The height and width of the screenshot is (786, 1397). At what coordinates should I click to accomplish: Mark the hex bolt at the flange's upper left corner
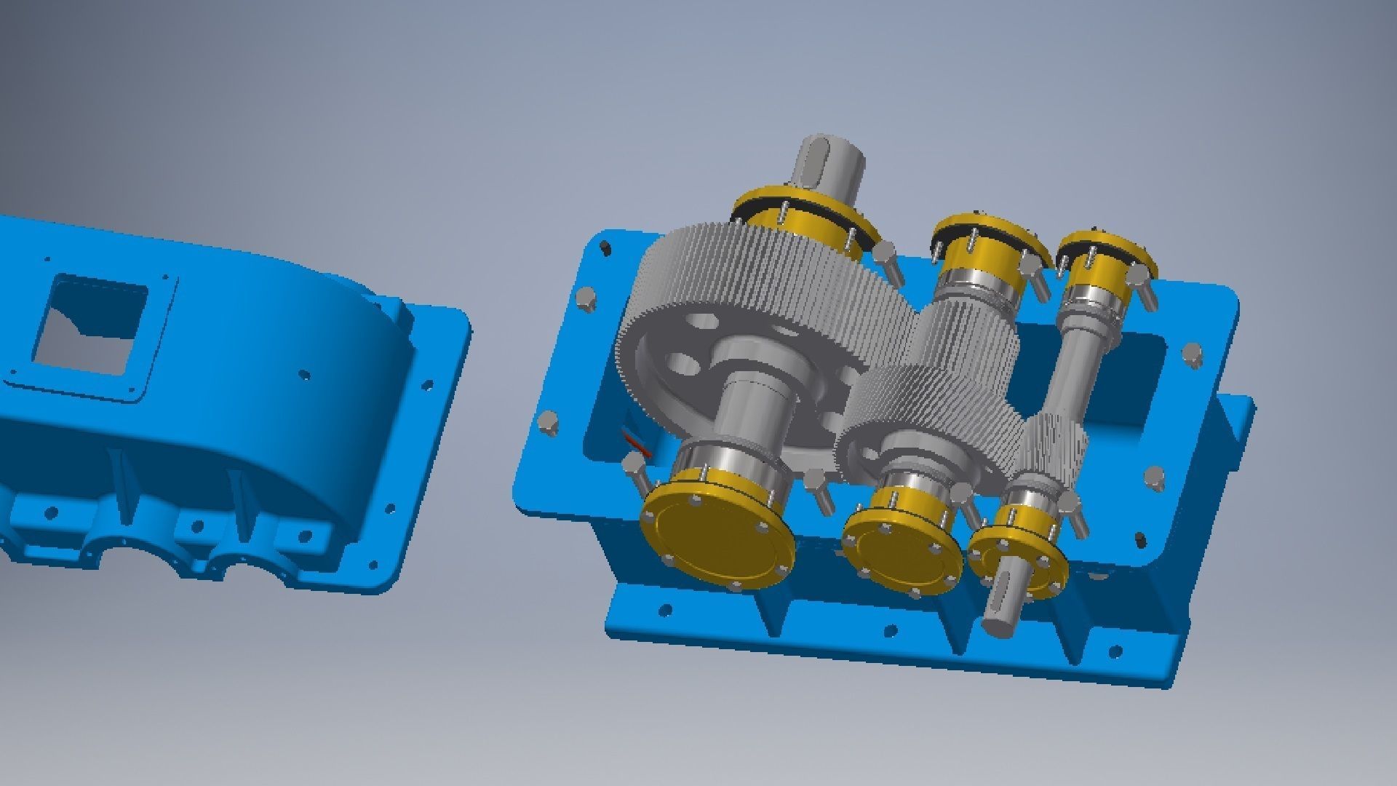584,298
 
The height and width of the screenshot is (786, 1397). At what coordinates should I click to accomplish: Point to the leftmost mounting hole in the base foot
664,610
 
